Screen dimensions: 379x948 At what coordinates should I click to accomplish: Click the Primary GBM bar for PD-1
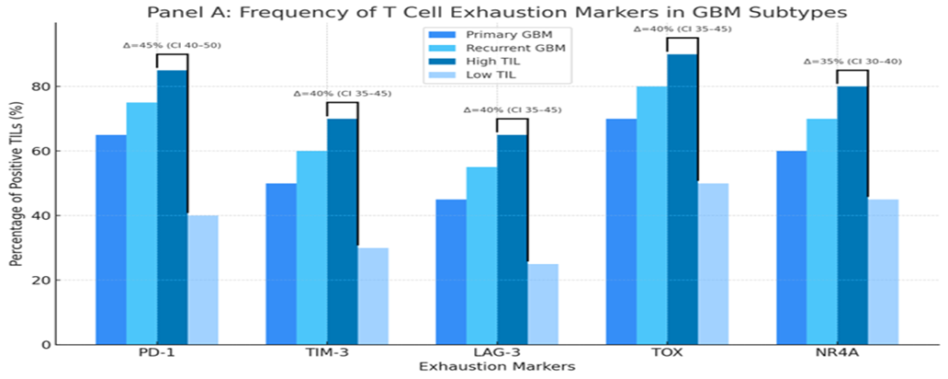[111, 239]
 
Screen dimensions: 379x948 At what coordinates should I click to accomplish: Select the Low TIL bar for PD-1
[203, 280]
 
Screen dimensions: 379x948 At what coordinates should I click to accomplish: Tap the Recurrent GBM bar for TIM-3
[311, 247]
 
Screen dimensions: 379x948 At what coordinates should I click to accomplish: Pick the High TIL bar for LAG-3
[512, 239]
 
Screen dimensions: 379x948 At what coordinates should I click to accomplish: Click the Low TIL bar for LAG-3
[543, 304]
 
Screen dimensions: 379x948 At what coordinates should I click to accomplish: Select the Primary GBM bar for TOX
[621, 231]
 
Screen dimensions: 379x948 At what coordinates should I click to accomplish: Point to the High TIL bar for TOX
[683, 199]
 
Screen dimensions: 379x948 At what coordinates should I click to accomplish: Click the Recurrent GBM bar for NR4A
[822, 231]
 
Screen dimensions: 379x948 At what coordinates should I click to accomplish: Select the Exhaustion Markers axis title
[497, 366]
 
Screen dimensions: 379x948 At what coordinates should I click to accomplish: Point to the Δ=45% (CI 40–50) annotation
[172, 44]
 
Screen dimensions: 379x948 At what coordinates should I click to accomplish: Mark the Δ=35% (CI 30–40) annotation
[852, 61]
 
